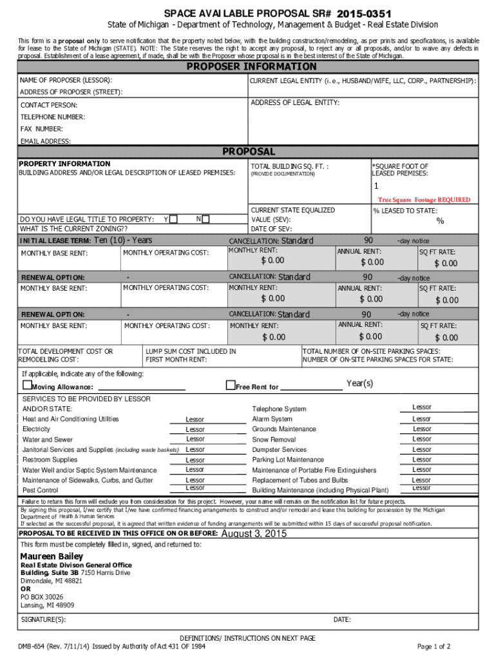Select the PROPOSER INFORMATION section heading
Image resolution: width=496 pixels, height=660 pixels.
click(251, 67)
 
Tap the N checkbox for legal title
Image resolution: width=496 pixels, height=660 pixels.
click(205, 218)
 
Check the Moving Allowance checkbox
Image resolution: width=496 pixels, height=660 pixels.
click(27, 385)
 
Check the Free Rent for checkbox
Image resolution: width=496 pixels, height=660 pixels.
click(231, 385)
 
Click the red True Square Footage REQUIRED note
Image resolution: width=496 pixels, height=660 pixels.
click(424, 200)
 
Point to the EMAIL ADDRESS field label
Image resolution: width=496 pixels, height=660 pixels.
click(46, 141)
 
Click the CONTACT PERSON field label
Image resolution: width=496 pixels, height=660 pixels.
click(49, 105)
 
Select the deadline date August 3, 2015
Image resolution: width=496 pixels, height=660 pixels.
click(254, 534)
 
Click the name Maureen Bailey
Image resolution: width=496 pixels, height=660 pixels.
click(52, 556)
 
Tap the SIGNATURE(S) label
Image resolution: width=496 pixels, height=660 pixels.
click(43, 619)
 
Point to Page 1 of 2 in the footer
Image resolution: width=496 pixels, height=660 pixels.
click(434, 646)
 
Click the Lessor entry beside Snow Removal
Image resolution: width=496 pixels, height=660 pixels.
click(422, 439)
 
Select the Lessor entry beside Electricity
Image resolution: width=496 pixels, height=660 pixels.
click(195, 429)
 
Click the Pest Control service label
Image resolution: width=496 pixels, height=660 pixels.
click(40, 490)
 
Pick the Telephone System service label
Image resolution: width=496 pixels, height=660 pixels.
click(279, 409)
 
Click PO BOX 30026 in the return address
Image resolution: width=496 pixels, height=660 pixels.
click(42, 597)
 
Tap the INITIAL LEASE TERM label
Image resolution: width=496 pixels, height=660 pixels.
click(55, 241)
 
